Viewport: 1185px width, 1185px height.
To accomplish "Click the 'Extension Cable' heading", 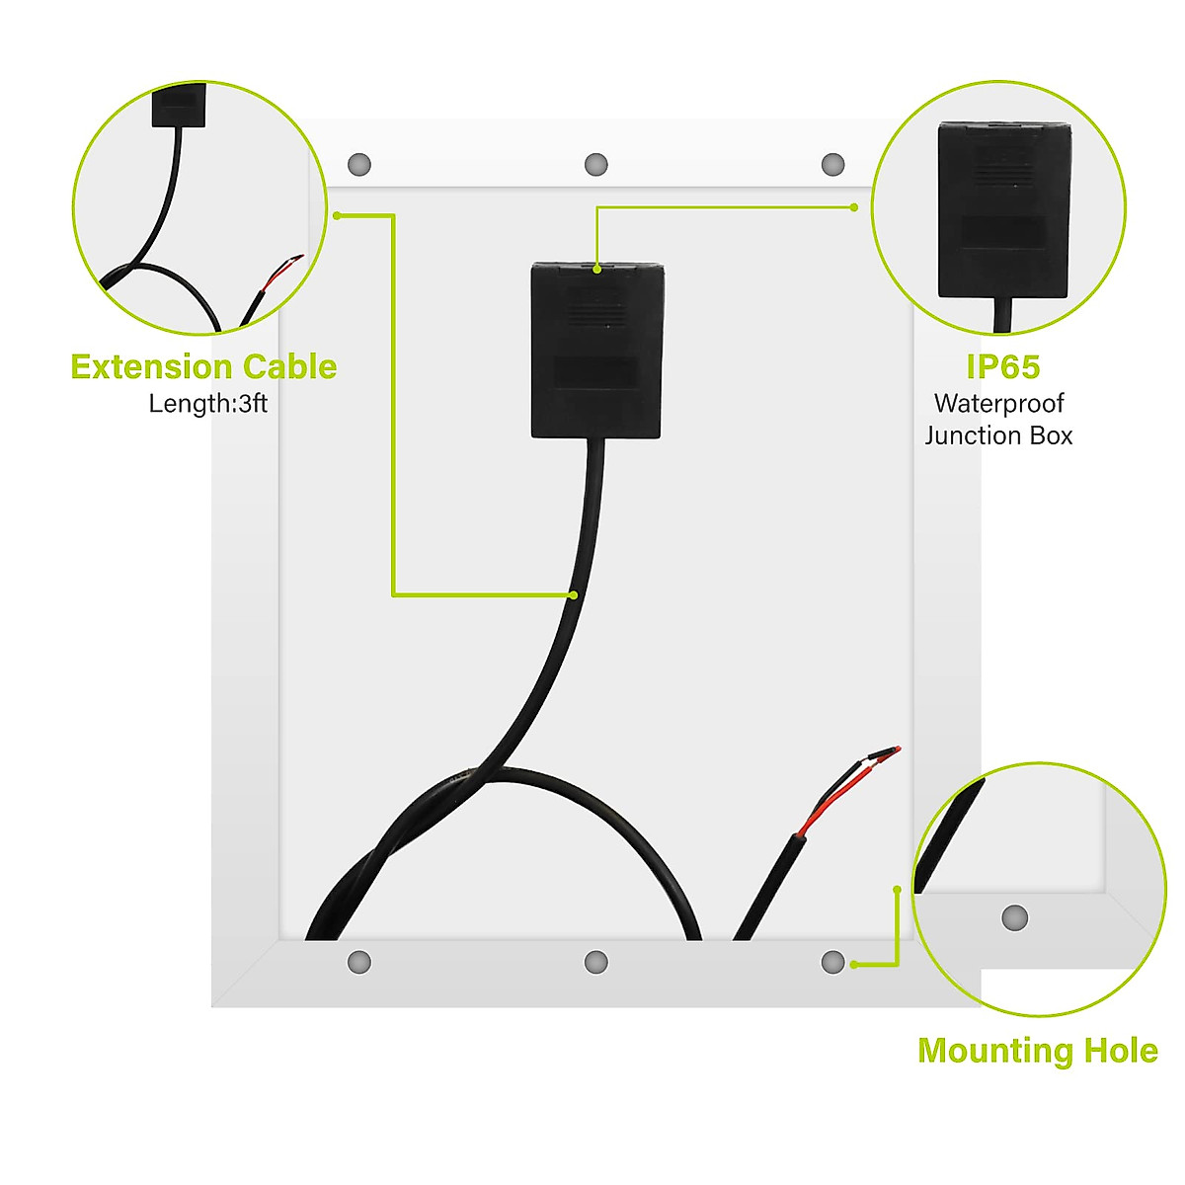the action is tap(203, 367).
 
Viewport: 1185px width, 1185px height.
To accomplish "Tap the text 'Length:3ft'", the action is tap(207, 404).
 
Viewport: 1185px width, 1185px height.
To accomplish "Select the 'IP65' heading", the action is tap(1002, 367).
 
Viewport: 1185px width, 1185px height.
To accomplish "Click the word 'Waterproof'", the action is tap(998, 404).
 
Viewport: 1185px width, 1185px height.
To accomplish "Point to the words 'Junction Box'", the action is tap(998, 435).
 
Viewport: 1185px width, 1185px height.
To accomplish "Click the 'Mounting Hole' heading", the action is tap(1037, 1050).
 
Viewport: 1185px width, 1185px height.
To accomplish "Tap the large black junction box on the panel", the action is tap(597, 350).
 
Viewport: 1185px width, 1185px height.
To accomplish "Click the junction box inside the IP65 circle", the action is tap(1003, 209).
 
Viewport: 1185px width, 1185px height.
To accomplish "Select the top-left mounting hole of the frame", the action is tap(359, 164).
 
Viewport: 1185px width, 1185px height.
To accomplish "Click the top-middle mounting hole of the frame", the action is tap(595, 164).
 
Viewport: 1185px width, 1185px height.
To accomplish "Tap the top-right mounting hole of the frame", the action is tap(832, 164).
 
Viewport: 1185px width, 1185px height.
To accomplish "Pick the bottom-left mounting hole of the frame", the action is tap(359, 962).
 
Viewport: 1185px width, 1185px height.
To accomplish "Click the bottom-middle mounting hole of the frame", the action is tap(595, 962).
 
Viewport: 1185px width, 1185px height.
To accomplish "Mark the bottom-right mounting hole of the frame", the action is tap(832, 962).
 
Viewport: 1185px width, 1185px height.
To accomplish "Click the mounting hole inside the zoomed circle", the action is tap(1014, 917).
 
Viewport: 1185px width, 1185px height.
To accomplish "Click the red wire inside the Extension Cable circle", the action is tap(283, 272).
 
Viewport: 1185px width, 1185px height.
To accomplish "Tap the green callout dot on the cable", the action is tap(573, 594).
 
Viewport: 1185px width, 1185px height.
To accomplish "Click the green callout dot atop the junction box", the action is tap(597, 267).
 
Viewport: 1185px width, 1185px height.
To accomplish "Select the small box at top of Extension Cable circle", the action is tap(179, 105).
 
